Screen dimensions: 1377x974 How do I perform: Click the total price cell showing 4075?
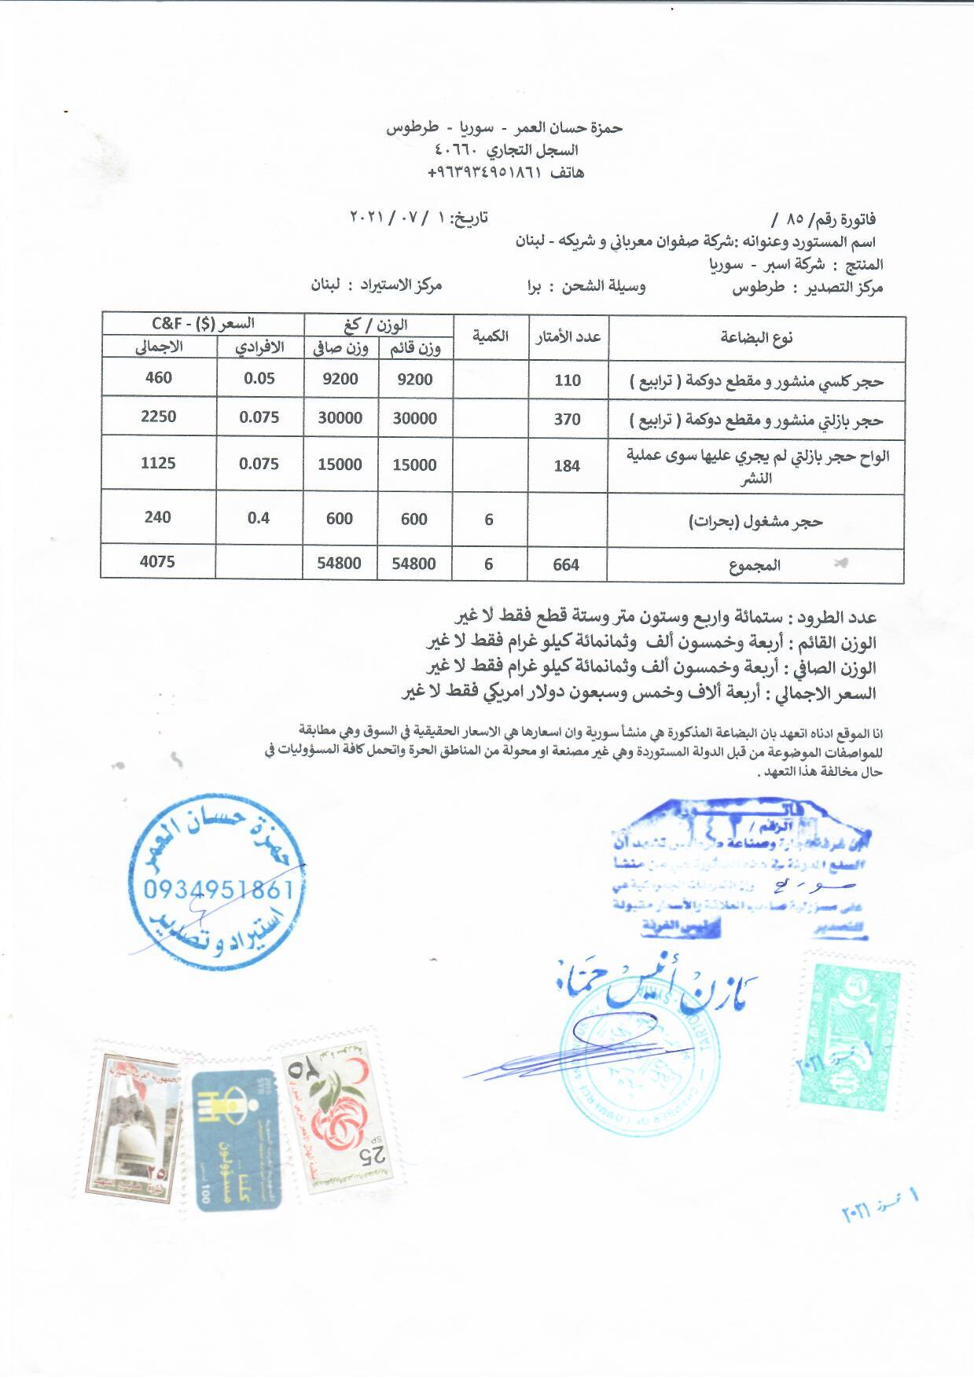pos(158,562)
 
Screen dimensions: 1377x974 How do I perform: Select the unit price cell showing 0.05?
pos(259,378)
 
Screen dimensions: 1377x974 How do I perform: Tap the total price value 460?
pos(158,377)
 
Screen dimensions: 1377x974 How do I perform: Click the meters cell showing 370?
pos(567,419)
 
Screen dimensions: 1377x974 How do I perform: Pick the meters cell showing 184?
pos(566,465)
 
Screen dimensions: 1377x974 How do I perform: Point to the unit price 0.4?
pos(258,517)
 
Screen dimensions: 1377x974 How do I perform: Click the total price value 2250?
pos(158,417)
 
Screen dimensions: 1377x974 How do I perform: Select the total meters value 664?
pos(566,564)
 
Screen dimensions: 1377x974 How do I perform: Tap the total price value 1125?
pos(158,463)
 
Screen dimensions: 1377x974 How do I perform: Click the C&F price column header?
pos(203,323)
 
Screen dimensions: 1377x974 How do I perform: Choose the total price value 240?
pos(158,516)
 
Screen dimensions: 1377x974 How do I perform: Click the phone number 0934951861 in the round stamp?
pos(219,889)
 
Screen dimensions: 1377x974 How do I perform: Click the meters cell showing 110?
pos(567,380)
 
